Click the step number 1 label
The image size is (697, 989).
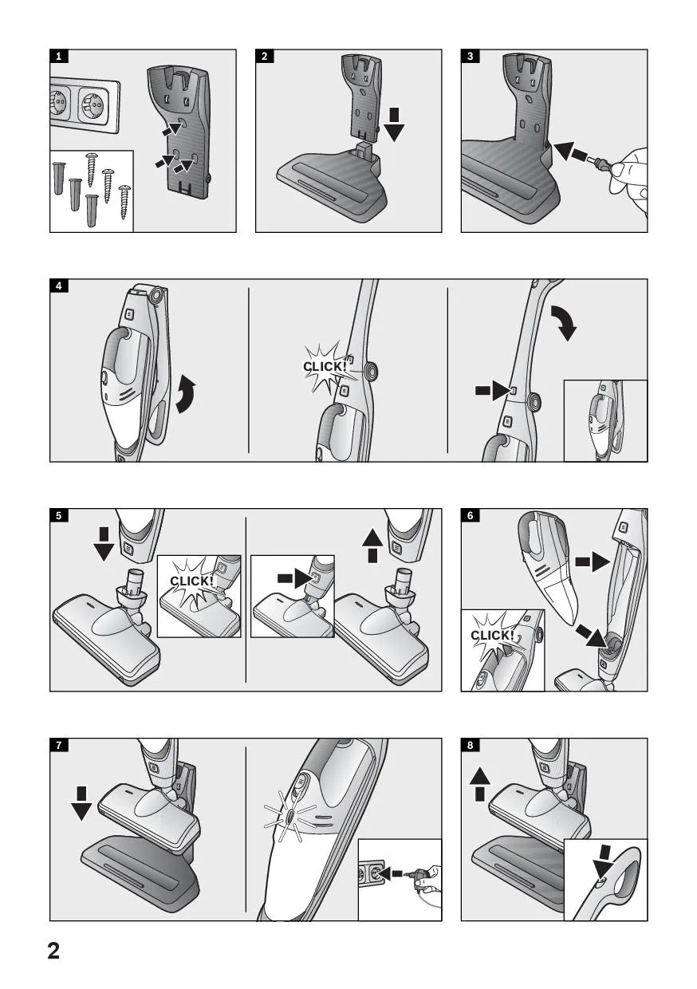(59, 56)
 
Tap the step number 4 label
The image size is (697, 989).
(59, 286)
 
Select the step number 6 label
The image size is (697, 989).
(470, 515)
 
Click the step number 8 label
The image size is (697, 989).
(470, 745)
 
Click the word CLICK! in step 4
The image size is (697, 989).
(325, 366)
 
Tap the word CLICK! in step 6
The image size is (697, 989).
(492, 636)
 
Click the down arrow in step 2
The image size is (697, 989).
(394, 124)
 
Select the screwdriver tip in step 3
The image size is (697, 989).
(589, 155)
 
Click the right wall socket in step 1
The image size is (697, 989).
(94, 107)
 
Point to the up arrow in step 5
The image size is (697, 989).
(372, 546)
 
